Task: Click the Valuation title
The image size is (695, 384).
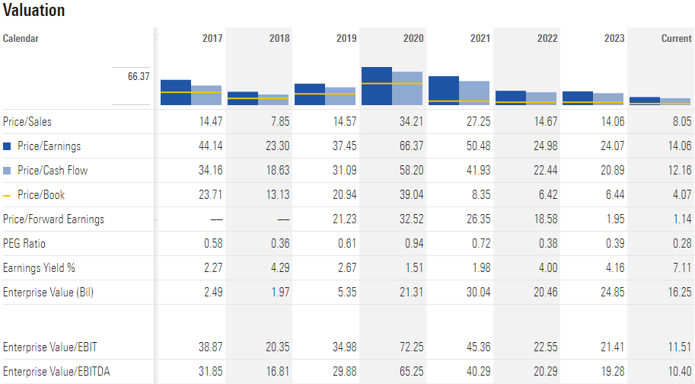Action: click(33, 11)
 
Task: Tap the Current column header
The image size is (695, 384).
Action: click(676, 38)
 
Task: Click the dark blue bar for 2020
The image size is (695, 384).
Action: click(377, 85)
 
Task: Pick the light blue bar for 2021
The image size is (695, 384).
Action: click(474, 92)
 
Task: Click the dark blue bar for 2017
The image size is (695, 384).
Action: click(176, 91)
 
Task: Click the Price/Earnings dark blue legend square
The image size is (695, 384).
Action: click(8, 146)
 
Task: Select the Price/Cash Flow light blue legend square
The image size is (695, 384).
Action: click(8, 171)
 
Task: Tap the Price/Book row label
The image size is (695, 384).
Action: click(40, 195)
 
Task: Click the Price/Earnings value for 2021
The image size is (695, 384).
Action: click(476, 146)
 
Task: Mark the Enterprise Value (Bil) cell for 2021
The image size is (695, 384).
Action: click(476, 293)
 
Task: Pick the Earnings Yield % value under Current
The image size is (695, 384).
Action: click(681, 268)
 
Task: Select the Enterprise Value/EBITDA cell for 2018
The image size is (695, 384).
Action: click(275, 372)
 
